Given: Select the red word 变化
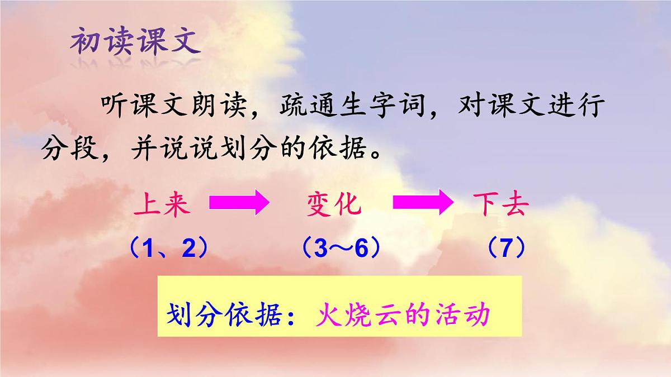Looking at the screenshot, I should click(334, 205).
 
